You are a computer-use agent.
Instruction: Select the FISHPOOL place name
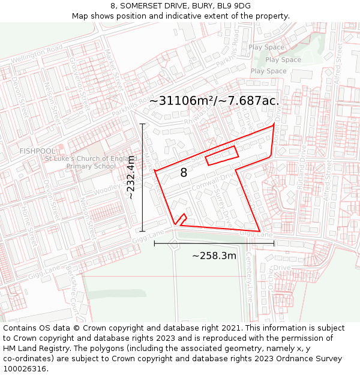click(x=37, y=151)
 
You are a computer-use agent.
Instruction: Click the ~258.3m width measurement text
click(x=214, y=256)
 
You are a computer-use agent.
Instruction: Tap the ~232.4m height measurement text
click(x=130, y=177)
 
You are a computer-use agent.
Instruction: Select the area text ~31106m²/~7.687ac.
click(x=214, y=101)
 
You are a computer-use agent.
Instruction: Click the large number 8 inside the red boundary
click(x=184, y=173)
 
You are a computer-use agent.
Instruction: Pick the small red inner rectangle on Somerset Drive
click(x=222, y=155)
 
